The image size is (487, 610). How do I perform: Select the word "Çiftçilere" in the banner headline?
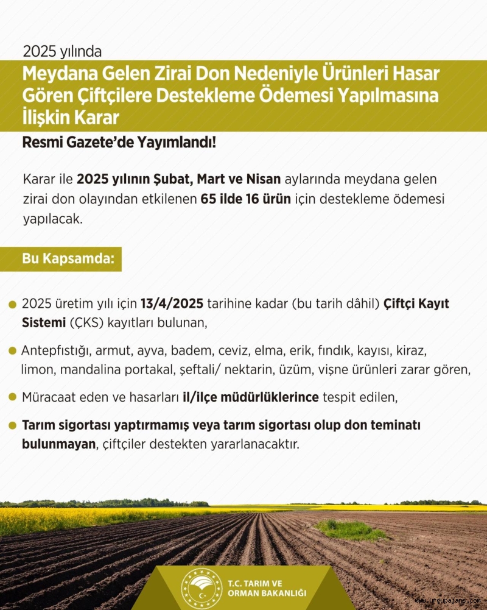click(110, 96)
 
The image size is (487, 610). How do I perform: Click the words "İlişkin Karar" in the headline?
click(71, 116)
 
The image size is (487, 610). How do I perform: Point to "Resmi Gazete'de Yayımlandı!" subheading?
click(119, 144)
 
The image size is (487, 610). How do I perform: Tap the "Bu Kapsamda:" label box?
click(69, 258)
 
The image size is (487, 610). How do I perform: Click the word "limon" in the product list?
click(36, 369)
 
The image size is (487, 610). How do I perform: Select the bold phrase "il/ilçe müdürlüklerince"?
click(251, 397)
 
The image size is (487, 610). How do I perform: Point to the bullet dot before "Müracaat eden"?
click(12, 397)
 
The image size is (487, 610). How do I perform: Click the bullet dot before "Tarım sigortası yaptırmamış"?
click(12, 425)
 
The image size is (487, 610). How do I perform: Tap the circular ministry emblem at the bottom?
click(201, 588)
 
